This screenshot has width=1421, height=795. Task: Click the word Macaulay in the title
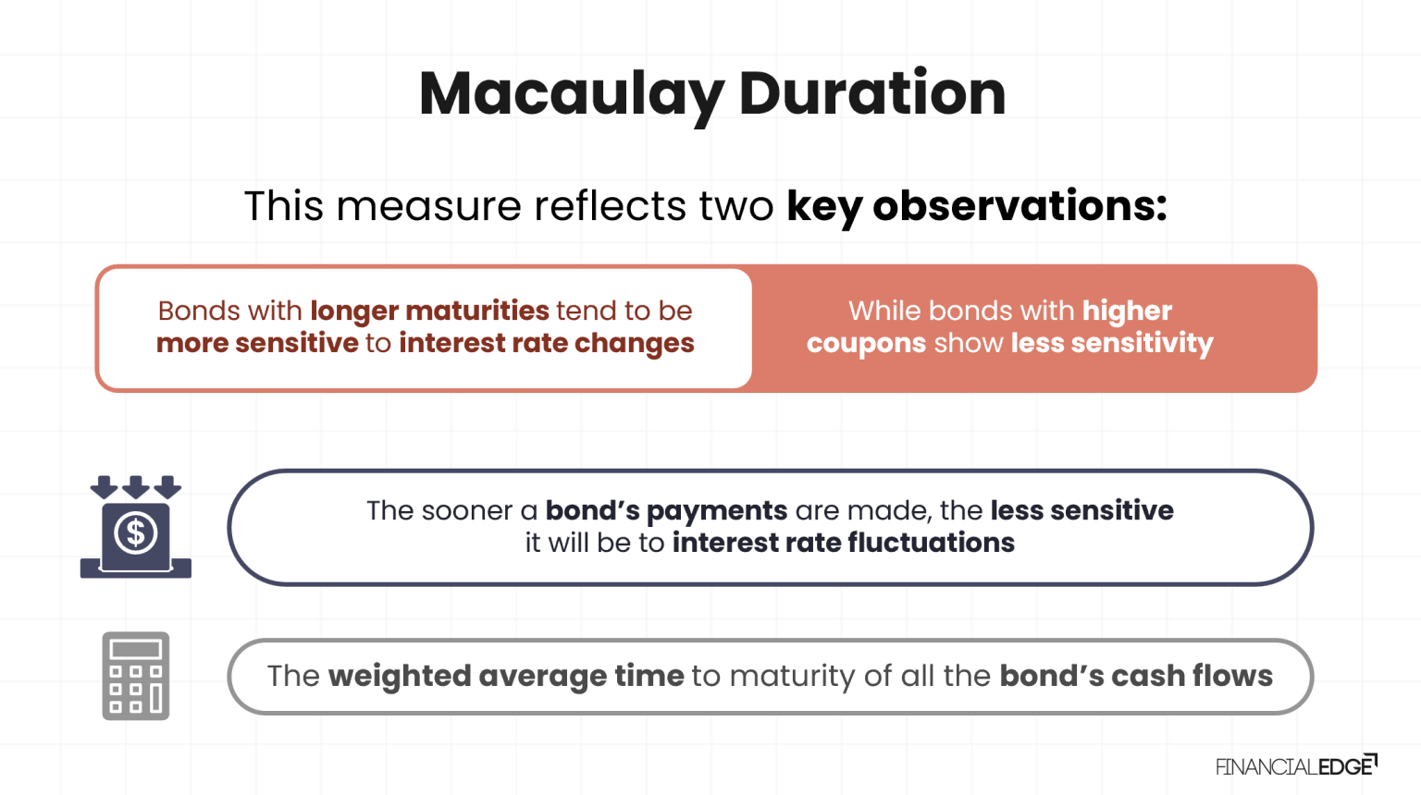pos(571,94)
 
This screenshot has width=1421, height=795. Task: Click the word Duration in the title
pos(871,94)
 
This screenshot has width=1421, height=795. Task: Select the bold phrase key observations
pos(976,206)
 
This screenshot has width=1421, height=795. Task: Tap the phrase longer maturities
pos(429,311)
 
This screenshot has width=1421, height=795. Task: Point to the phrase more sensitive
pos(257,343)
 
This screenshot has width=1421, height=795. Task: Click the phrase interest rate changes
pos(546,343)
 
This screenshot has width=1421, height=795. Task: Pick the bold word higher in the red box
pos(1127,311)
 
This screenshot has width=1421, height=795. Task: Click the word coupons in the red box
pos(866,343)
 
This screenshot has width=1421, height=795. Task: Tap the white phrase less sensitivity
pos(1111,343)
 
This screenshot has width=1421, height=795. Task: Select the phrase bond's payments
pos(666,510)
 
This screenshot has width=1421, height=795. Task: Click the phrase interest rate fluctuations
pos(843,543)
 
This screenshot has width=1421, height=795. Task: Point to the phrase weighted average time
pos(505,676)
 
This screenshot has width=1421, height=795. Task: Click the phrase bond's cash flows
pos(1135,676)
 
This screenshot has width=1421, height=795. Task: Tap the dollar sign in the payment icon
pos(136,533)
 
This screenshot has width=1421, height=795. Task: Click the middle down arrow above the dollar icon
pos(136,486)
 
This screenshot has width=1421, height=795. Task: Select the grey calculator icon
pos(136,676)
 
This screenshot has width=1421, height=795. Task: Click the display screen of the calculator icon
pos(136,649)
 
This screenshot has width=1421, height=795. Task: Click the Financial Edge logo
pos(1295,765)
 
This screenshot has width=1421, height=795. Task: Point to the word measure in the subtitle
pos(428,206)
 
